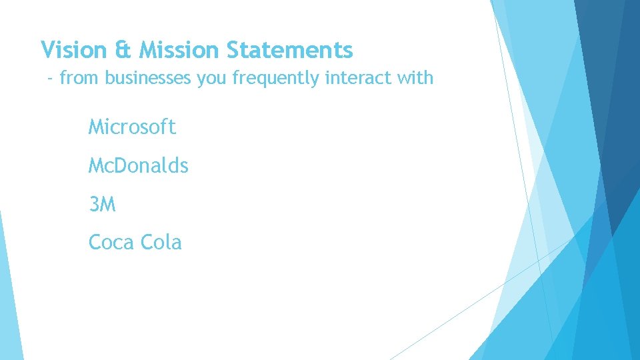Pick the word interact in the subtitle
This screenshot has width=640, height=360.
pos(359,79)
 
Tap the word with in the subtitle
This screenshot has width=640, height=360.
pos(416,79)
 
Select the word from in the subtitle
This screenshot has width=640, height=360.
pos(79,79)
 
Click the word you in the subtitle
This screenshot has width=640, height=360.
pos(211,79)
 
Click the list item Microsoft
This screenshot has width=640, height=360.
pos(132,127)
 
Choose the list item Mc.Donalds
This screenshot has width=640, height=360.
pos(139,165)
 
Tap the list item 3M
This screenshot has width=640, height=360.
pos(102,205)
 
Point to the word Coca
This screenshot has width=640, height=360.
pos(110,243)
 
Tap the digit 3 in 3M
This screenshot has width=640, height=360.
pos(94,205)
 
